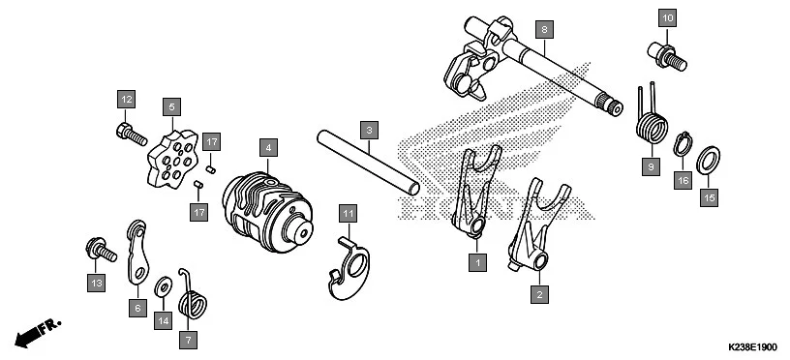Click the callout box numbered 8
click(545, 30)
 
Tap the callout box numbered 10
click(667, 18)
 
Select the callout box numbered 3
click(368, 128)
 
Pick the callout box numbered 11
click(348, 211)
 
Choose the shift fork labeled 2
click(538, 227)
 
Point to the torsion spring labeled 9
click(652, 125)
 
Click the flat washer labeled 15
click(708, 157)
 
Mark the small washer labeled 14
click(163, 286)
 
